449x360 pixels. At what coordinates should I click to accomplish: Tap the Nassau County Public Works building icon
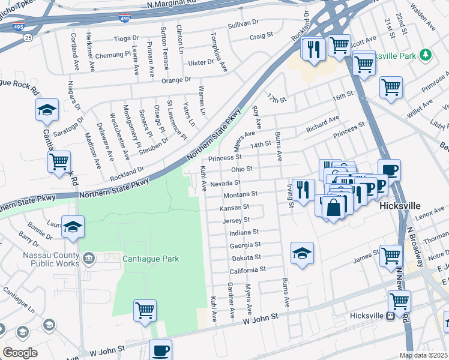[89, 259]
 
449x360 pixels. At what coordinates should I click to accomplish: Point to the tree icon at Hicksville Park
[425, 55]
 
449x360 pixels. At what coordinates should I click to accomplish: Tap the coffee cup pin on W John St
[160, 350]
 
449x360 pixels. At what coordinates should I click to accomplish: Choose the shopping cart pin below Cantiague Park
[145, 311]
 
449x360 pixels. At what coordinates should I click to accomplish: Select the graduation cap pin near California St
[302, 253]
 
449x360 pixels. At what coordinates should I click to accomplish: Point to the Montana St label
[240, 194]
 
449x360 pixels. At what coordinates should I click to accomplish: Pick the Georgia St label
[245, 245]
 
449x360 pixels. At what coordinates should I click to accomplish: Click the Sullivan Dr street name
[243, 25]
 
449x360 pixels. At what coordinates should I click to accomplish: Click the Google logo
[20, 352]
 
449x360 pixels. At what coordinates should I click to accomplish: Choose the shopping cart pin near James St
[391, 255]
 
